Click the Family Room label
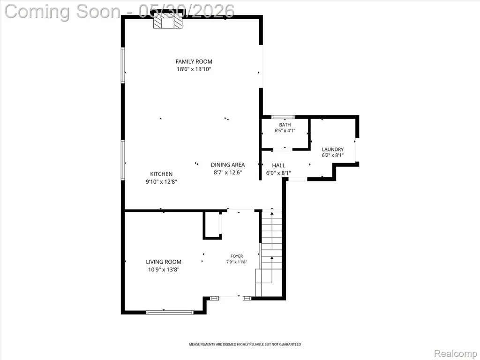coord(194,61)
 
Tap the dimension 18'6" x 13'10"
coord(194,69)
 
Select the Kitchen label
coord(161,174)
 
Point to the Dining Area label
coord(228,165)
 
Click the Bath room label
coord(285,125)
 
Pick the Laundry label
coord(333,150)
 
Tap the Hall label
coord(278,165)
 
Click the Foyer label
coord(237,256)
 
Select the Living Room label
coord(164,262)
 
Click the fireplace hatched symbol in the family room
coord(168,22)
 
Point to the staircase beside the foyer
coord(271,254)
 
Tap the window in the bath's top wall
coord(283,117)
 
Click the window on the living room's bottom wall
coord(170,312)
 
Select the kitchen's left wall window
coord(123,160)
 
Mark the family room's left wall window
coord(123,65)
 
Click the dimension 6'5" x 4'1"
coord(285,131)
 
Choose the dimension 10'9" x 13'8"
coord(164,270)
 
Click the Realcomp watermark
coord(456,353)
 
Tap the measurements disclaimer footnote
coord(245,345)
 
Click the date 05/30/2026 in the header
coord(186,11)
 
